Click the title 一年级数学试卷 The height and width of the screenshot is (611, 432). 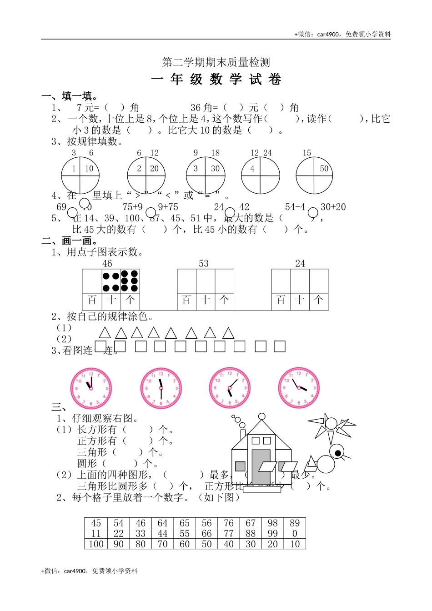(216, 80)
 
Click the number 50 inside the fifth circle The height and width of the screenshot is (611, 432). (324, 168)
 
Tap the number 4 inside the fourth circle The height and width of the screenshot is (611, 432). (252, 168)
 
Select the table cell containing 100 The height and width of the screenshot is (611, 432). (96, 544)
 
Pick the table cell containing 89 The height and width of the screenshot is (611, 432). (295, 523)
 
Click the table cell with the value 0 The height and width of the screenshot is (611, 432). (295, 534)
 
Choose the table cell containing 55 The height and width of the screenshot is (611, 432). (185, 534)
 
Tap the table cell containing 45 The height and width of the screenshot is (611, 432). (96, 523)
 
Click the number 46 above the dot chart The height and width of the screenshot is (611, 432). (107, 264)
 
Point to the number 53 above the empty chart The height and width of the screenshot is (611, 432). (204, 264)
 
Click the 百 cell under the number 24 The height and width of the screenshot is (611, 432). (281, 300)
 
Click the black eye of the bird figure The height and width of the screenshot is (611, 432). (337, 452)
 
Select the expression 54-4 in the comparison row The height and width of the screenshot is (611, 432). (295, 207)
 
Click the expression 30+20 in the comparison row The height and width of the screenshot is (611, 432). (333, 207)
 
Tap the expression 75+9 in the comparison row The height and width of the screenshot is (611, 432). (133, 207)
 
